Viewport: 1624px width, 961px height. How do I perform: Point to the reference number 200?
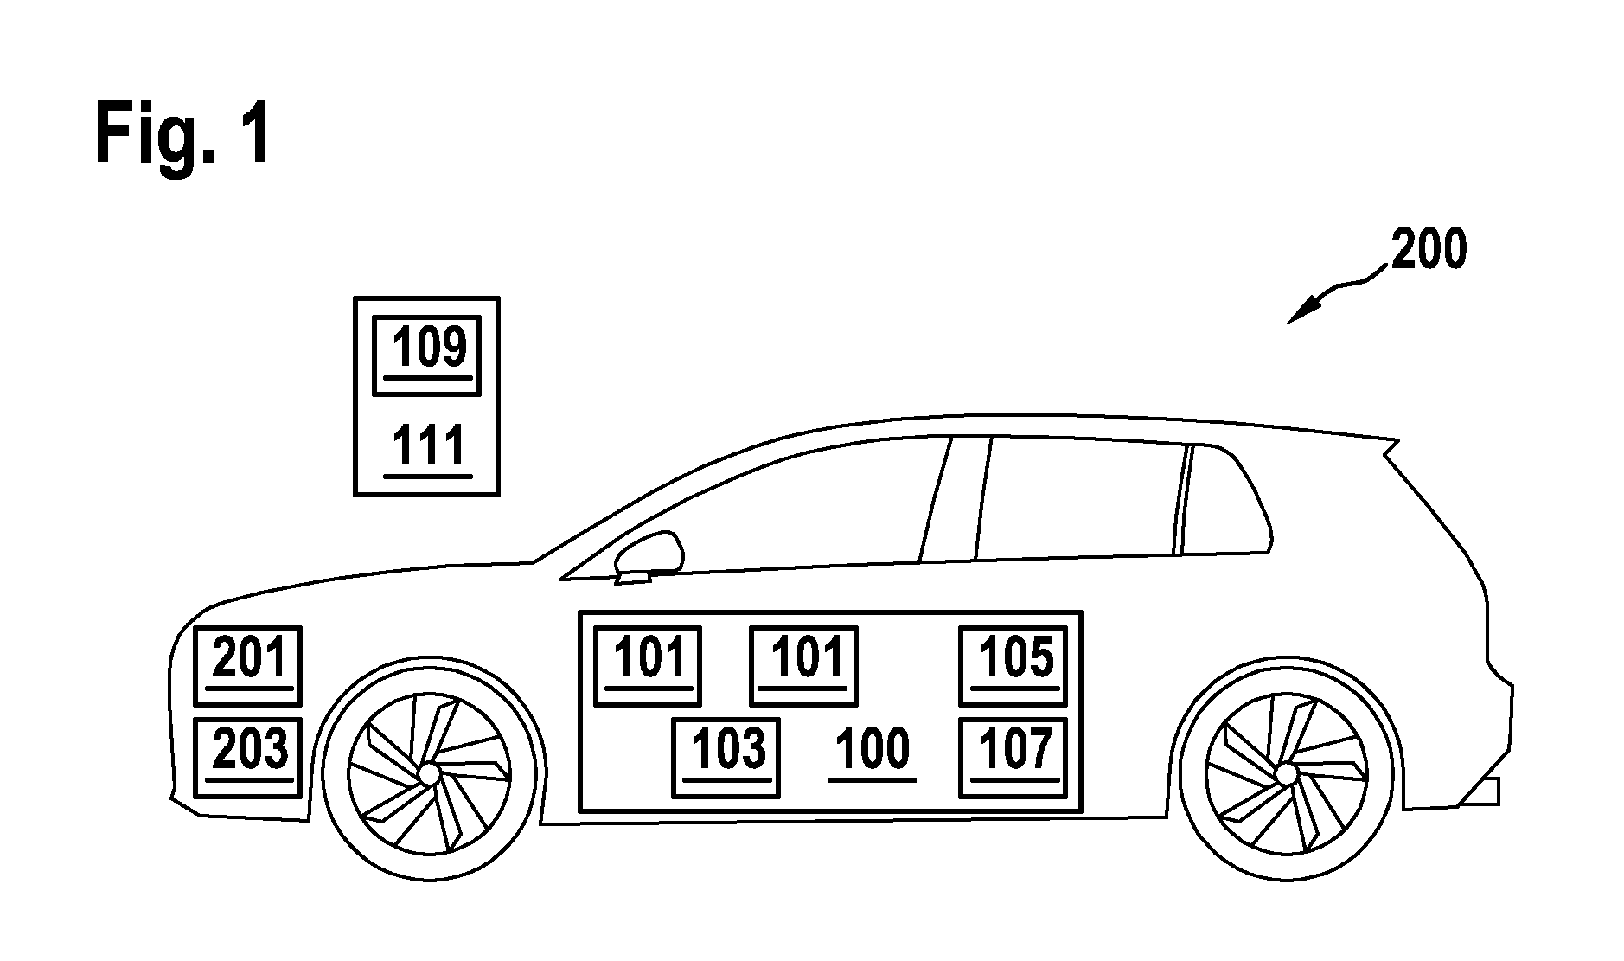1428,250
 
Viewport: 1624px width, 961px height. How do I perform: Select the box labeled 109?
425,355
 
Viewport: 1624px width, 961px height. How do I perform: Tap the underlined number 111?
428,447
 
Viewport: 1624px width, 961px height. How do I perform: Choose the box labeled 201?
247,665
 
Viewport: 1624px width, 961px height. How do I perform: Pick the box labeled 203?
247,757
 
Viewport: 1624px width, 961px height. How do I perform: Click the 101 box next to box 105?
804,665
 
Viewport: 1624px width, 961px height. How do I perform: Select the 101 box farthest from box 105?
648,665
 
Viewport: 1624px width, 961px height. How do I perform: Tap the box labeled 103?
726,757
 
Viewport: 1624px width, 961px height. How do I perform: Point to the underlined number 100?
873,752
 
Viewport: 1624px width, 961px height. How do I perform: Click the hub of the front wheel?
427,771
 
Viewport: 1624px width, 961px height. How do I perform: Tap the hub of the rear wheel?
1286,771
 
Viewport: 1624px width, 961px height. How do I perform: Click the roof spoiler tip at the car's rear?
1397,441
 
